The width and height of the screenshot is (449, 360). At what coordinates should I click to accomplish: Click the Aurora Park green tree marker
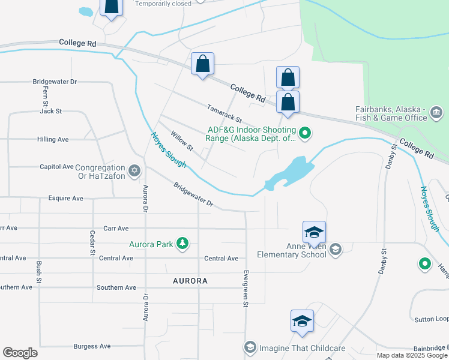point(182,244)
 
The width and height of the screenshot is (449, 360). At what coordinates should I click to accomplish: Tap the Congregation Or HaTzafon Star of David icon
point(134,172)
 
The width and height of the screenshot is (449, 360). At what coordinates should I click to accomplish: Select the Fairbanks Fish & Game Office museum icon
point(436,112)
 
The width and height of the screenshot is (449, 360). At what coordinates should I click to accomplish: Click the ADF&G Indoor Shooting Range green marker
point(306,133)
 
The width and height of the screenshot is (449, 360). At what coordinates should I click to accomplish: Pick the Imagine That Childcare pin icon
point(250,347)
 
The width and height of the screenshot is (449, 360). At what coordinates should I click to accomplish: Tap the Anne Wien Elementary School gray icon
point(336,249)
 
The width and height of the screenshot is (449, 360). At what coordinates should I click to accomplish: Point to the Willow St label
point(182,141)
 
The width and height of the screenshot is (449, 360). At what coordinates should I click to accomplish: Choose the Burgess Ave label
point(92,346)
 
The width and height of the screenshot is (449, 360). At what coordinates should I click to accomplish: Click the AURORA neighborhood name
point(190,281)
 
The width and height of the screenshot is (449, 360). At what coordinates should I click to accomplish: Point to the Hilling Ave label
point(53,139)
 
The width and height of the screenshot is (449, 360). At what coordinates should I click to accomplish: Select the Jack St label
point(51,111)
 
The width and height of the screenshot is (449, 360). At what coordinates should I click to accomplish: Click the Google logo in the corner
point(20,353)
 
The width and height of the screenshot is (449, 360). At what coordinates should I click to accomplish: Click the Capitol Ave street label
point(56,166)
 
